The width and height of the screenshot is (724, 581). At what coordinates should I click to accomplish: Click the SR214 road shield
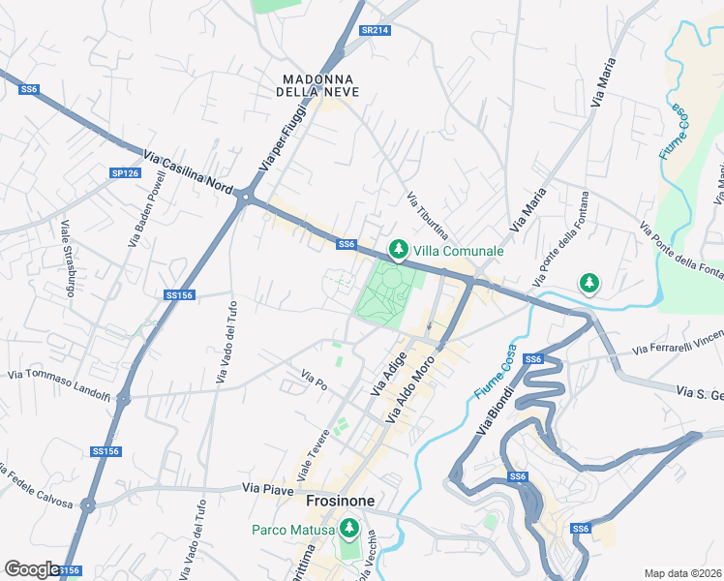click(375, 31)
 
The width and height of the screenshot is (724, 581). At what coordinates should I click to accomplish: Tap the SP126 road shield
click(125, 173)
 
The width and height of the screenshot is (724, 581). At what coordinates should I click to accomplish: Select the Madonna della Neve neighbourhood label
click(317, 84)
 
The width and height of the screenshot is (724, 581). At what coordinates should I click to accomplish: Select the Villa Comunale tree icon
click(397, 250)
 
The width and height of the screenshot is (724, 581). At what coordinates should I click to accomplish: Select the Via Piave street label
click(267, 490)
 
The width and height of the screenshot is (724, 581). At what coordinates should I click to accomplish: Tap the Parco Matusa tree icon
click(348, 530)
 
